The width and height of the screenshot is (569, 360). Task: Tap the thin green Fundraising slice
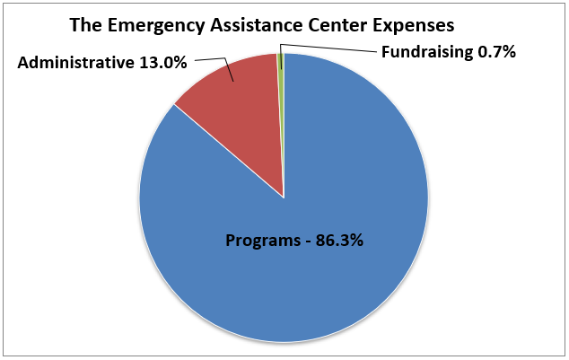[281, 61]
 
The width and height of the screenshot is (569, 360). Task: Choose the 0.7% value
[497, 52]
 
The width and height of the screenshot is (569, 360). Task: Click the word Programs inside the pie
[260, 241]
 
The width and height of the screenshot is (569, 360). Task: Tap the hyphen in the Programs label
[302, 241]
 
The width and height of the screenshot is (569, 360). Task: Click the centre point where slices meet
[284, 198]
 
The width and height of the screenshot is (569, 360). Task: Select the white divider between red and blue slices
[229, 152]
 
